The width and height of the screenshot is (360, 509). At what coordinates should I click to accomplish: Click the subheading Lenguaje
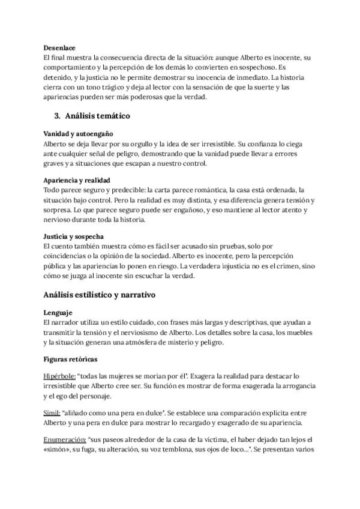(58, 313)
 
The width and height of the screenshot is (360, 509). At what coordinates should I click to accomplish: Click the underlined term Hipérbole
(59, 376)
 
